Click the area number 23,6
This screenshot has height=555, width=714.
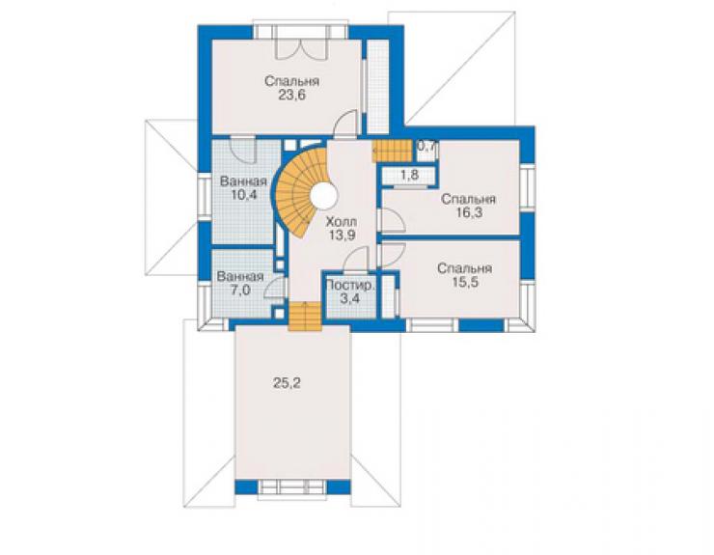[x=292, y=96]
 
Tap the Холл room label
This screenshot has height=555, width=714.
[x=342, y=222]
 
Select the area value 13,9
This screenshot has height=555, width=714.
[x=342, y=236]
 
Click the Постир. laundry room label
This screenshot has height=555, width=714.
[x=351, y=286]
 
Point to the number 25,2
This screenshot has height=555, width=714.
[x=287, y=383]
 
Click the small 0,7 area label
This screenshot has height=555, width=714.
[x=427, y=147]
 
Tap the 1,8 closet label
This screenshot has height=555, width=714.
[x=410, y=175]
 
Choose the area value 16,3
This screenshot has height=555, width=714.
[x=469, y=212]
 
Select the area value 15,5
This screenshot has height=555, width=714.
[x=465, y=282]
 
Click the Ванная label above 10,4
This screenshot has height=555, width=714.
[x=243, y=181]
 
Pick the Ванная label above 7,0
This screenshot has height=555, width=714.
[x=240, y=277]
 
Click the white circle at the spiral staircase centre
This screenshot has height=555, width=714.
[x=324, y=196]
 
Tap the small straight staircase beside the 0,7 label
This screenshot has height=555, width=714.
[x=392, y=152]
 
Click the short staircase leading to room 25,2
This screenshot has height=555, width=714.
[x=305, y=317]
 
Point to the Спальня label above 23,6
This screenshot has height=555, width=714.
[x=292, y=82]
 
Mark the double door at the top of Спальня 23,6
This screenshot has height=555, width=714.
[x=302, y=49]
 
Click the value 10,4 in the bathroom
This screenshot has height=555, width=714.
[x=244, y=195]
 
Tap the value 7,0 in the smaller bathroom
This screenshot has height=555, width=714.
[x=240, y=291]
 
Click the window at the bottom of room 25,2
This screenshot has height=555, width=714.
[x=292, y=487]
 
